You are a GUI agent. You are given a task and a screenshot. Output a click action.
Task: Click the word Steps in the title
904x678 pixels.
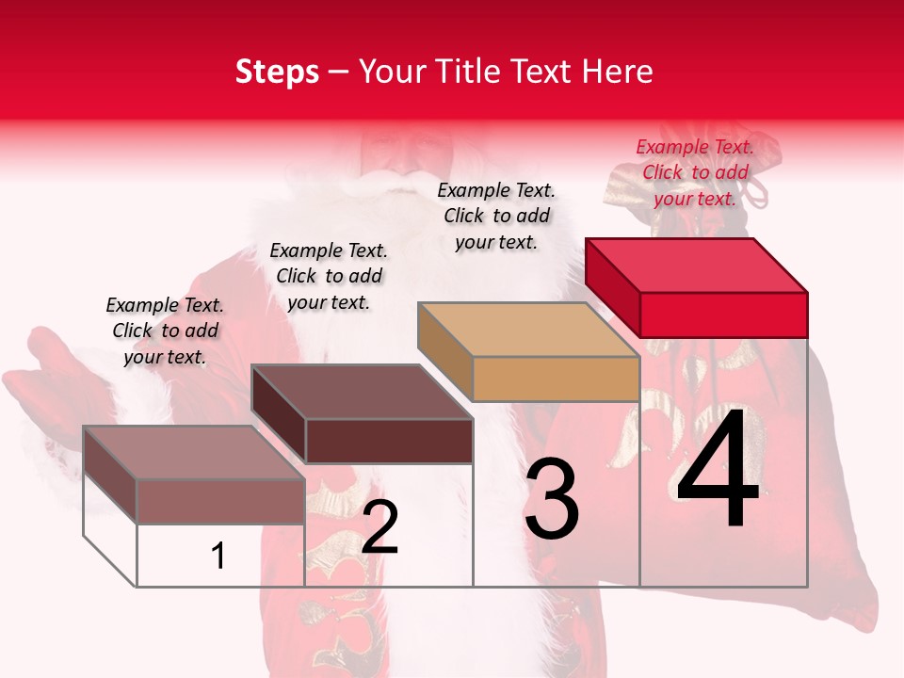[x=277, y=72]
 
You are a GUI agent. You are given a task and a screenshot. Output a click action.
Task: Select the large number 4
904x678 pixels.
[x=718, y=471]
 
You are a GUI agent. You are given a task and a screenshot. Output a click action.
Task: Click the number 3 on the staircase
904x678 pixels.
[x=551, y=500]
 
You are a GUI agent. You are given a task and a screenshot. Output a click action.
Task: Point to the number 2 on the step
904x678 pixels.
[x=379, y=527]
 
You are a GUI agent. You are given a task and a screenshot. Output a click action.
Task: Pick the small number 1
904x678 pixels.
[x=218, y=557]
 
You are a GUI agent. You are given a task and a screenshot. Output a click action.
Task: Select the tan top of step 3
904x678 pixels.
[x=528, y=330]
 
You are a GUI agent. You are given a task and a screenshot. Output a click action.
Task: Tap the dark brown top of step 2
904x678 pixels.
[x=362, y=392]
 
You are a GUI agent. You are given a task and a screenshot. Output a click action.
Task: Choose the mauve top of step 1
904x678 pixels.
[x=193, y=453]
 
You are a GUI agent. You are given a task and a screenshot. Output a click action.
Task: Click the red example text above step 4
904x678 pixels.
[x=695, y=172]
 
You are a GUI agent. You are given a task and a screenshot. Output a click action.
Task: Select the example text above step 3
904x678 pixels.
[x=496, y=216]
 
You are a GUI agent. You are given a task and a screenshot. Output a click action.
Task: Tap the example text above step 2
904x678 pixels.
[x=329, y=276]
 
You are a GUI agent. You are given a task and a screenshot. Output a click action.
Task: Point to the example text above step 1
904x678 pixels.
[x=165, y=331]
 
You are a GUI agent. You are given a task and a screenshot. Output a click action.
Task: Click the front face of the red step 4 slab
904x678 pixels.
[x=723, y=315]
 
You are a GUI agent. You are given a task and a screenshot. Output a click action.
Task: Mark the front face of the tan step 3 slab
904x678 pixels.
[x=556, y=379]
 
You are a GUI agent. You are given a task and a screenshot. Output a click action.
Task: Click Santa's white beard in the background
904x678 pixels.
[x=395, y=217]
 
